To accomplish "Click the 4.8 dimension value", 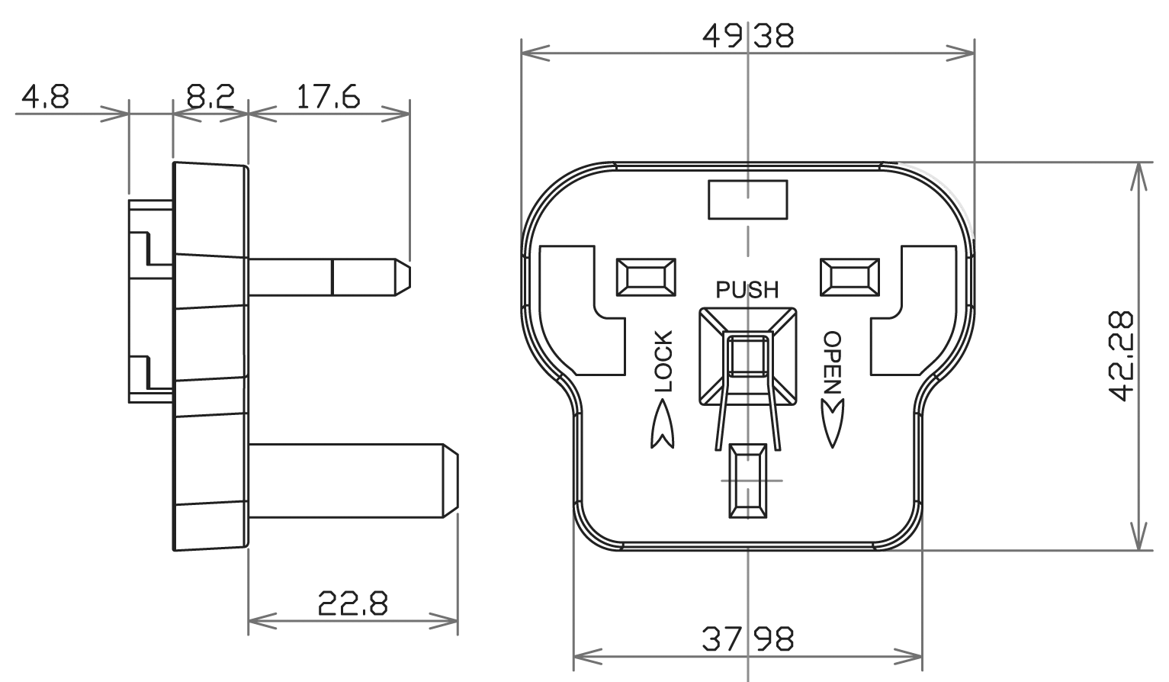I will tap(46, 97).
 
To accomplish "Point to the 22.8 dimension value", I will tap(353, 605).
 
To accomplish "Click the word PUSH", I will tap(747, 290).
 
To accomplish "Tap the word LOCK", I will tap(664, 362).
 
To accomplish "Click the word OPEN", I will tap(832, 362).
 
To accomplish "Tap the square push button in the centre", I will tap(747, 355).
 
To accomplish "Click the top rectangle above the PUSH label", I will tap(747, 199).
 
